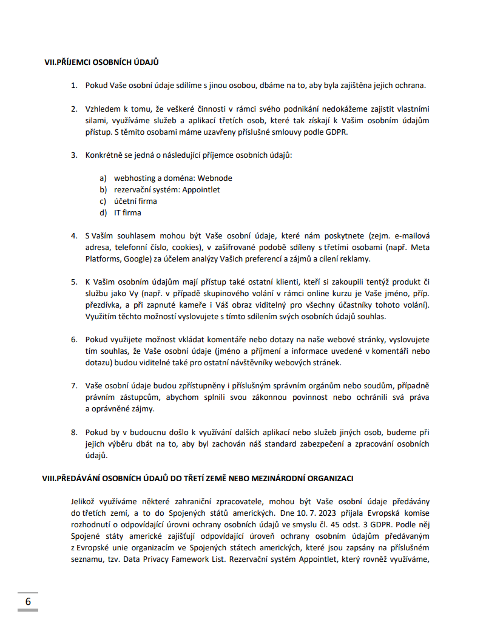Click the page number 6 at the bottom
28,601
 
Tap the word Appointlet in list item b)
201,190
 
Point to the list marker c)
103,201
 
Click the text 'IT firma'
127,213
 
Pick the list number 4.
73,235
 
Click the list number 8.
73,432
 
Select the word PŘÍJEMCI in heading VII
83,62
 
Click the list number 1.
73,85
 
